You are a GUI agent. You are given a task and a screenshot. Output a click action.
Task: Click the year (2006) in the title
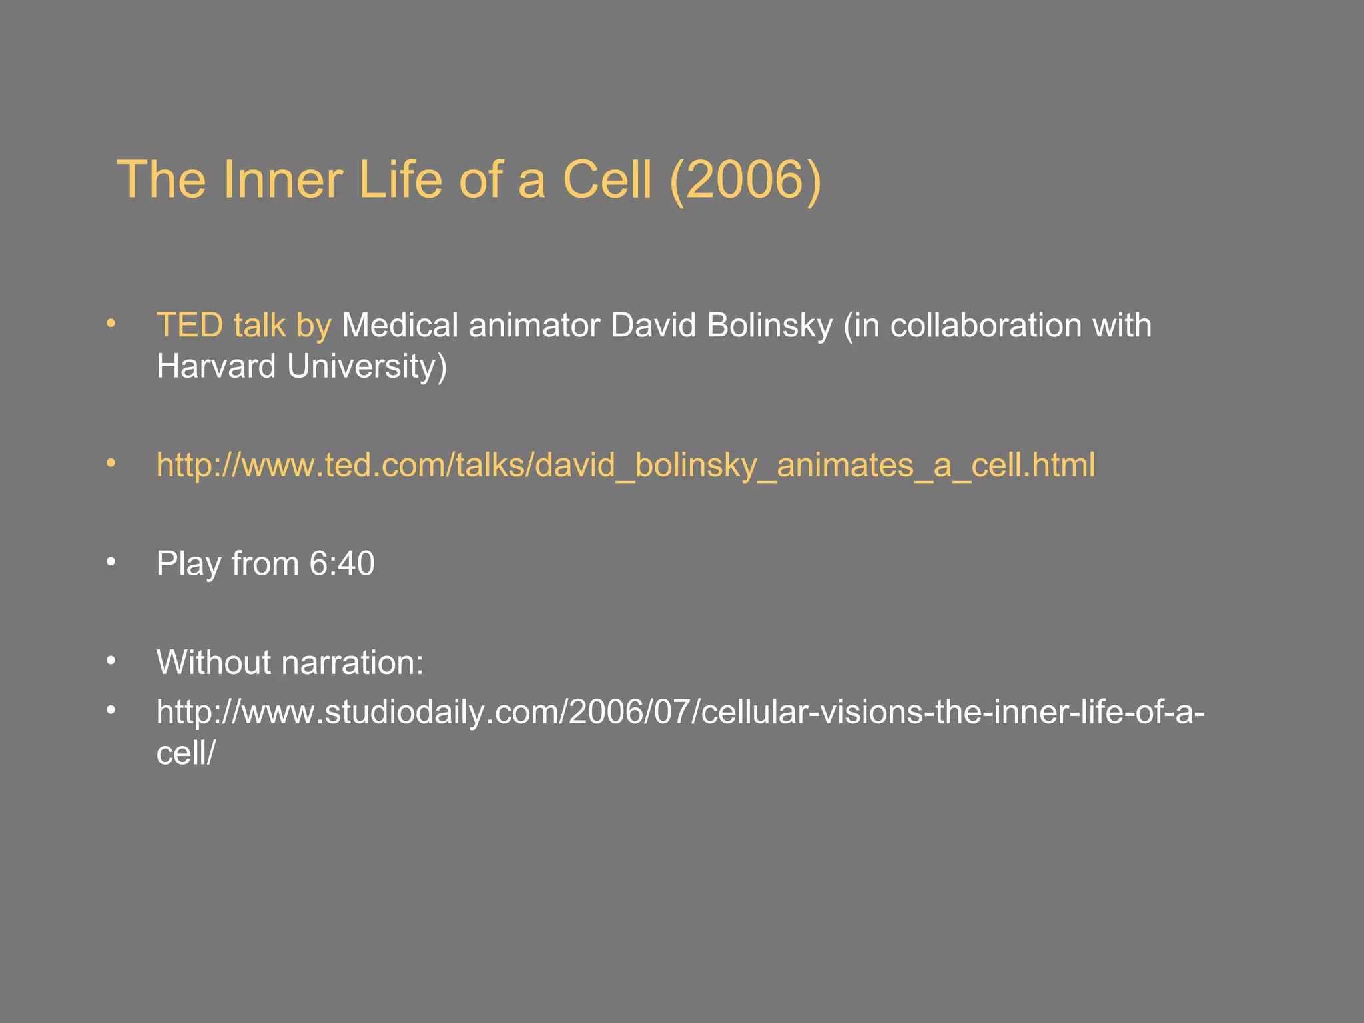click(745, 180)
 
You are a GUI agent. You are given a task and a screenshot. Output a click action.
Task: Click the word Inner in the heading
click(282, 180)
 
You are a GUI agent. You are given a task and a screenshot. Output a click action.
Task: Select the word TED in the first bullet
click(189, 326)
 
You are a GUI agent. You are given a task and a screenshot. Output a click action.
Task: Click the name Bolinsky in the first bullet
click(769, 326)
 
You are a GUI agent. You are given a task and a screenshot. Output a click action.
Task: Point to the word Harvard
click(215, 367)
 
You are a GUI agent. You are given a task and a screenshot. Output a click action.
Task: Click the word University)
click(367, 367)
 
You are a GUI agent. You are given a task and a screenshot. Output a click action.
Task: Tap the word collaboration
click(986, 326)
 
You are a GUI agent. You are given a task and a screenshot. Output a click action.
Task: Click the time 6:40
click(342, 564)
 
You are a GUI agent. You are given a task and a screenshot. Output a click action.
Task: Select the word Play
click(188, 564)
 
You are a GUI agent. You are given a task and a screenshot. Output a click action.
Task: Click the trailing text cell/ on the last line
click(186, 753)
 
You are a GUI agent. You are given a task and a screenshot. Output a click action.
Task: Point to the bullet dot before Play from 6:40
click(111, 563)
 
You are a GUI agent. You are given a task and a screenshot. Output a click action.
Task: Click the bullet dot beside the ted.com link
click(111, 464)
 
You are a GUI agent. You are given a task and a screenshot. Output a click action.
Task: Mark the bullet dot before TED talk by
click(111, 324)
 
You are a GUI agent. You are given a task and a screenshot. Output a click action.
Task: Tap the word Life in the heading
click(400, 180)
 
